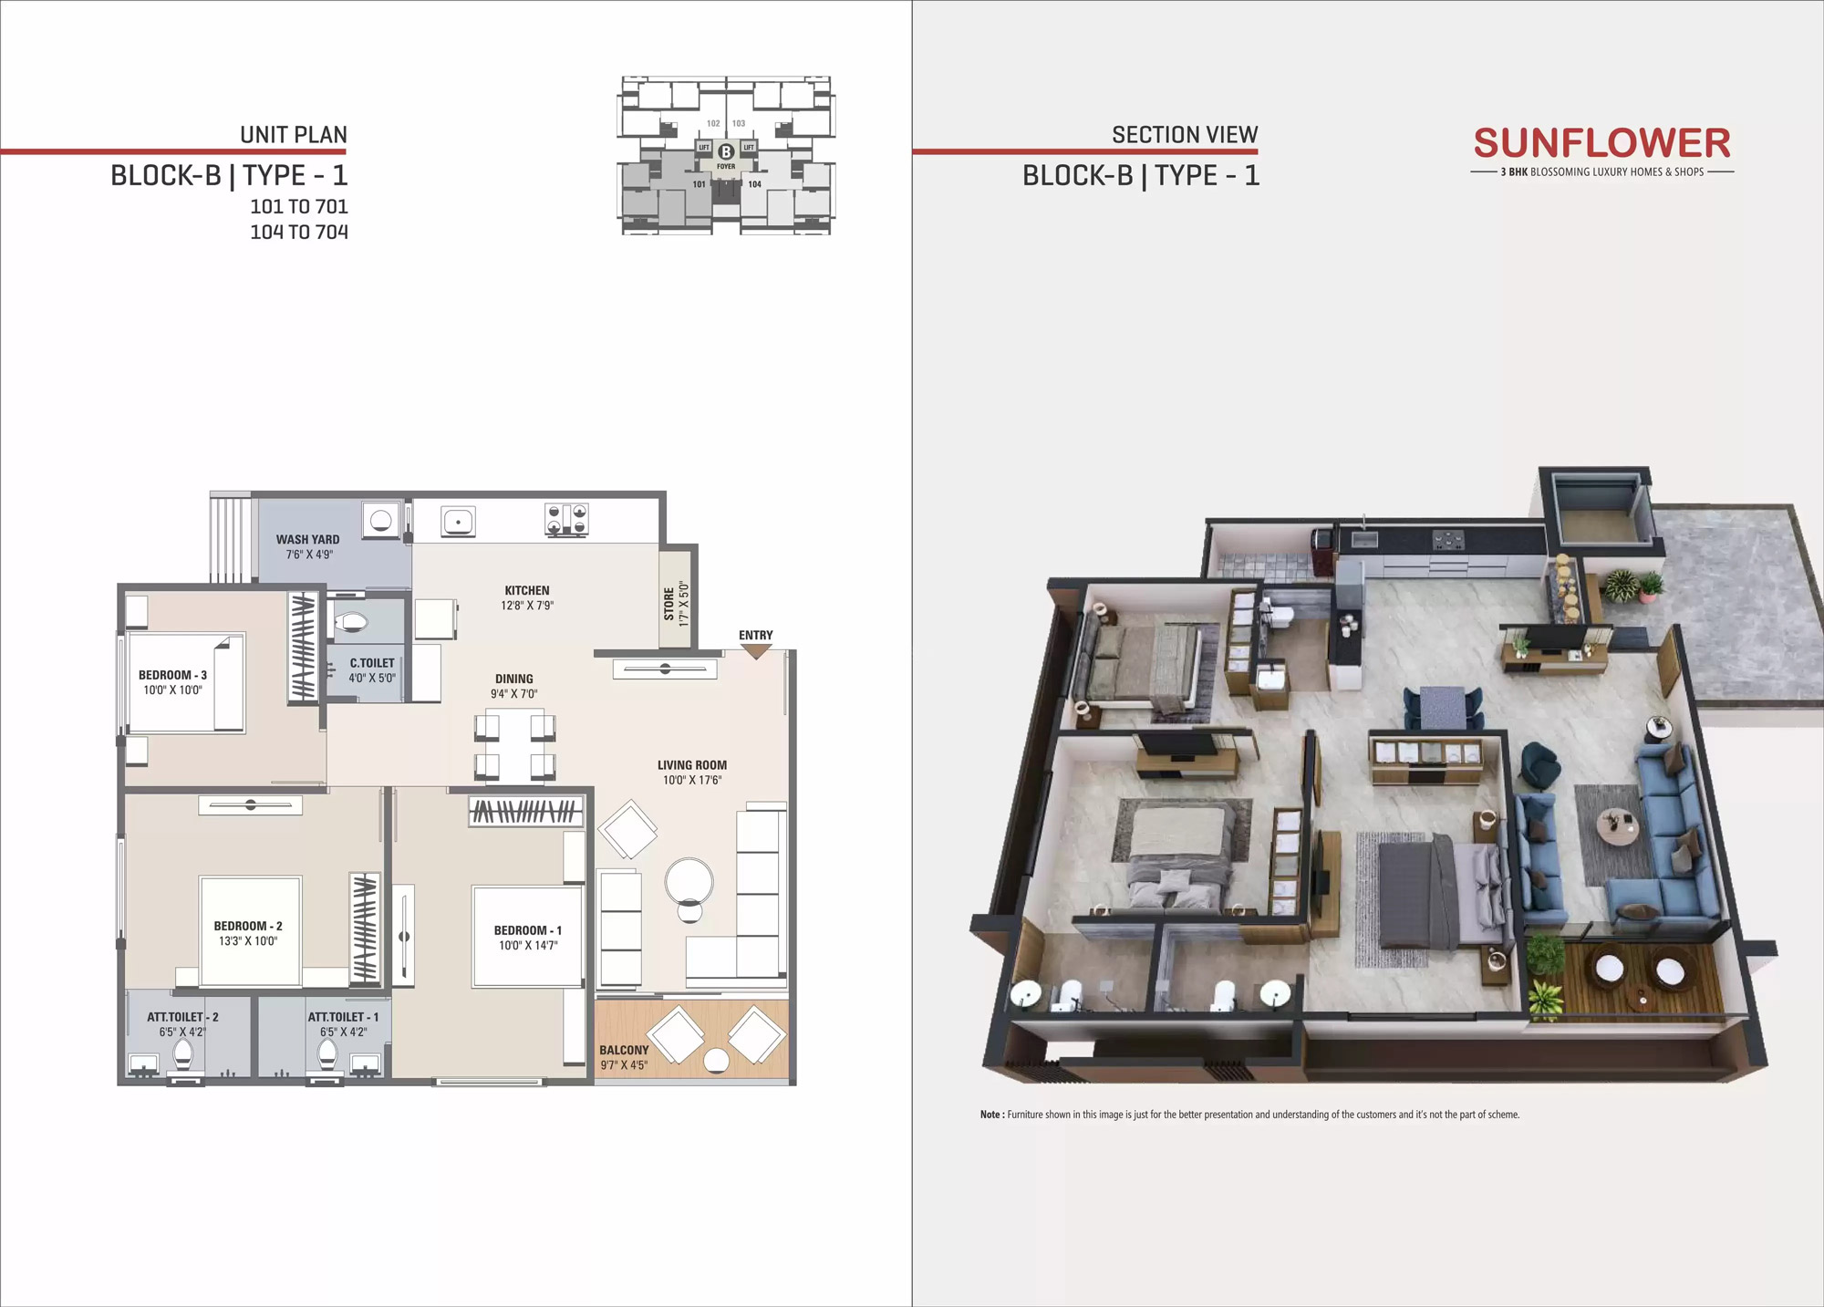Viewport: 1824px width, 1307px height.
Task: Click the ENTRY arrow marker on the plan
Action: (756, 652)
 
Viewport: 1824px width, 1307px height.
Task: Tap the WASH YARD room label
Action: (307, 540)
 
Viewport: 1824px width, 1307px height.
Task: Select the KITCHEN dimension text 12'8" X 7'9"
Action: (527, 606)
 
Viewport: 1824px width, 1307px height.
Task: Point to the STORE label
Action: (669, 605)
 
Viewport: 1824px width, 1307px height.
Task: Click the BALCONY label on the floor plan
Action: (624, 1051)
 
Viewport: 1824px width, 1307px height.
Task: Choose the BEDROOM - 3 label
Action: (172, 675)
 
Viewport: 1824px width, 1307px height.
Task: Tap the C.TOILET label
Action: (372, 663)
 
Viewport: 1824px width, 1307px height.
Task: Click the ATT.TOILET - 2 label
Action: (182, 1017)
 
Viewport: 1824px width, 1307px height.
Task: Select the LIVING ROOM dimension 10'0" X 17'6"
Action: (692, 781)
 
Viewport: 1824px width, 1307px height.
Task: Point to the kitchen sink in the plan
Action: (457, 522)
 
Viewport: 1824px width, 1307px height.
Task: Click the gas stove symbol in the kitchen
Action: (566, 520)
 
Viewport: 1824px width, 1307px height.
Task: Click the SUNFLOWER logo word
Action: (1601, 143)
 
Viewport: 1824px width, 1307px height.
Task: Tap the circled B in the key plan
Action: (726, 152)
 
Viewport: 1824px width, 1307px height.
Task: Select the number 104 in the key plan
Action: (754, 184)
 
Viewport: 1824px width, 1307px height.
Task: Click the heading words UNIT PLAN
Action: (294, 135)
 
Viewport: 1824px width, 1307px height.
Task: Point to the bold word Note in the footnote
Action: (991, 1115)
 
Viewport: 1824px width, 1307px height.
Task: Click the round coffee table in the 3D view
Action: (1616, 826)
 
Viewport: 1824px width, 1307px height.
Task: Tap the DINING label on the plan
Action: (514, 679)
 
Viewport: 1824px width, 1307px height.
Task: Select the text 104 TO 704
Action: (299, 233)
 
